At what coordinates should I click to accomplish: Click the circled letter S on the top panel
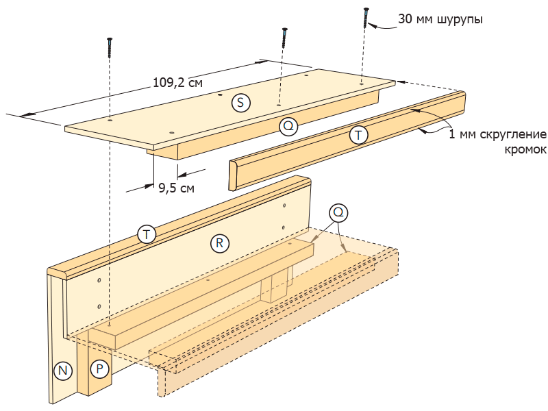tap(240, 103)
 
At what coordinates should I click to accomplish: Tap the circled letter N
tap(63, 371)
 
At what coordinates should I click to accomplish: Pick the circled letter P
tap(100, 369)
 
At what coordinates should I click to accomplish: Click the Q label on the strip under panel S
tap(288, 125)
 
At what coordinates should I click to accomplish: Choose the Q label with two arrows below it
tap(337, 212)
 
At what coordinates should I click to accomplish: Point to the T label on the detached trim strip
tap(358, 135)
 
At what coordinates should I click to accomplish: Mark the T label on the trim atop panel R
tap(146, 234)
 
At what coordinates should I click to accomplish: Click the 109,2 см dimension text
tap(177, 83)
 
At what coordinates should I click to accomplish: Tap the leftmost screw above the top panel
tap(109, 48)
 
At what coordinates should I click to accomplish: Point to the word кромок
tap(525, 149)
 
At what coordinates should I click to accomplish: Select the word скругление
tap(510, 134)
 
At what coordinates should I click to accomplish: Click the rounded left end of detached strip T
tap(232, 175)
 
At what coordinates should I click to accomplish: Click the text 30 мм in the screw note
tap(414, 20)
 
